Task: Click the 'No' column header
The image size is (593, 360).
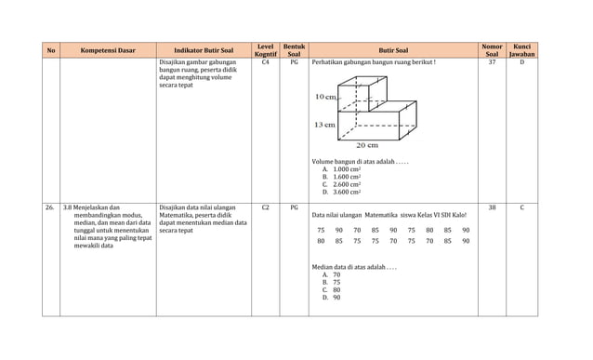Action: click(x=50, y=50)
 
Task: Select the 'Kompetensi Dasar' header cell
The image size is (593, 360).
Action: click(x=110, y=50)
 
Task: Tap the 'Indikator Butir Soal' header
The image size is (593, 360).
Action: click(x=204, y=50)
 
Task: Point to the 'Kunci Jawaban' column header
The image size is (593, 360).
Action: click(x=521, y=50)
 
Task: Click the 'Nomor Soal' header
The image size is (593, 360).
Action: click(x=492, y=50)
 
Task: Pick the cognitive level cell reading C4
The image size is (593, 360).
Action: click(x=265, y=62)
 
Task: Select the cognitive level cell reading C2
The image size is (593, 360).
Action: click(x=265, y=207)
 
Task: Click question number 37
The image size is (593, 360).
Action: click(x=492, y=62)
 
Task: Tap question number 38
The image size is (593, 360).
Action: click(x=492, y=207)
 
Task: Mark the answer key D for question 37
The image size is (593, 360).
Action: click(x=521, y=62)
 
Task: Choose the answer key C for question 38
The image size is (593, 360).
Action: click(x=521, y=207)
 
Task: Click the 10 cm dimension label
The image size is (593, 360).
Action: click(x=325, y=97)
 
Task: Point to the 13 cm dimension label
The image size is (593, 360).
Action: click(x=324, y=125)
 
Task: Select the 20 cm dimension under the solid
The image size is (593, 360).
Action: click(x=367, y=145)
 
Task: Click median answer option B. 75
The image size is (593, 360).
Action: click(x=331, y=282)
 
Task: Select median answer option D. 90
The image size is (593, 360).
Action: click(x=331, y=297)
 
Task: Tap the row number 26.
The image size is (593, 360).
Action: click(x=50, y=207)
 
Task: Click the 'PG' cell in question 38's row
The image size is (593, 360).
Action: click(x=294, y=207)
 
